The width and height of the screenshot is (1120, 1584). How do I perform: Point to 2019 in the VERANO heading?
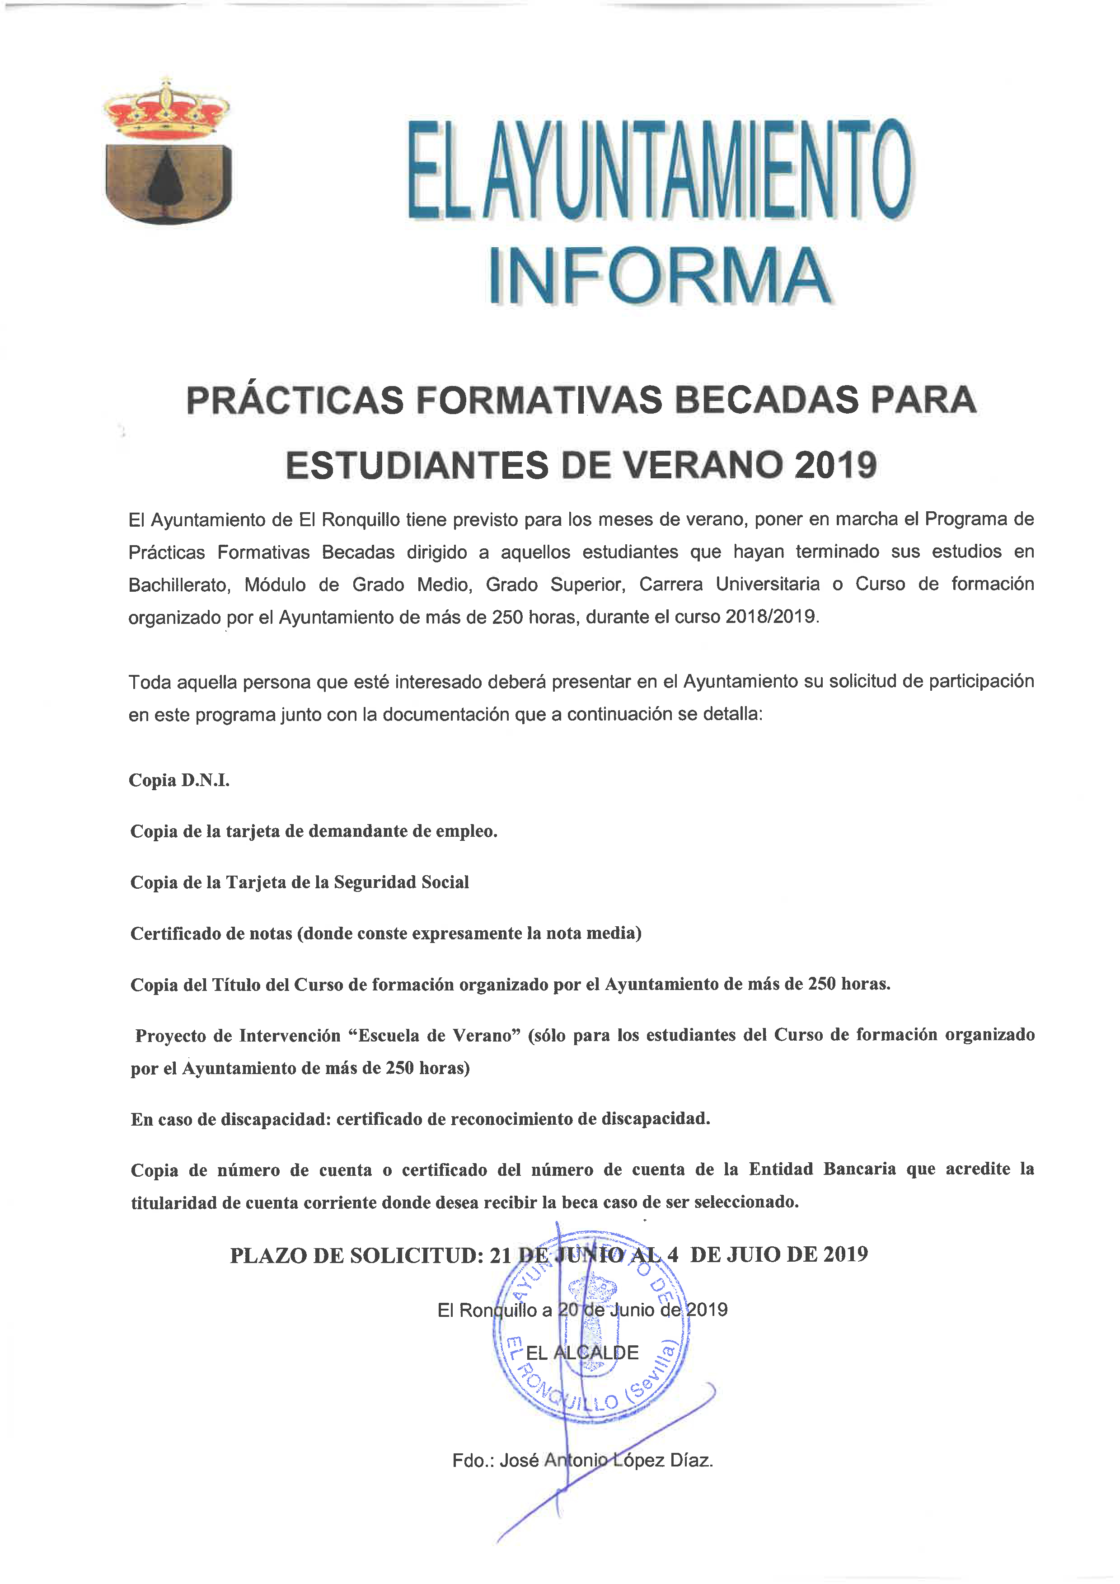pyautogui.click(x=835, y=465)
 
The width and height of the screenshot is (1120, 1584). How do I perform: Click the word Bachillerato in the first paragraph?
pyautogui.click(x=178, y=585)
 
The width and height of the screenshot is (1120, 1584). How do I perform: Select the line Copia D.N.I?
pyautogui.click(x=179, y=780)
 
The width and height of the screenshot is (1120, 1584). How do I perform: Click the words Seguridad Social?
pyautogui.click(x=401, y=882)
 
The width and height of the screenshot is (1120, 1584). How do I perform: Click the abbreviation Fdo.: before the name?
pyautogui.click(x=473, y=1461)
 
